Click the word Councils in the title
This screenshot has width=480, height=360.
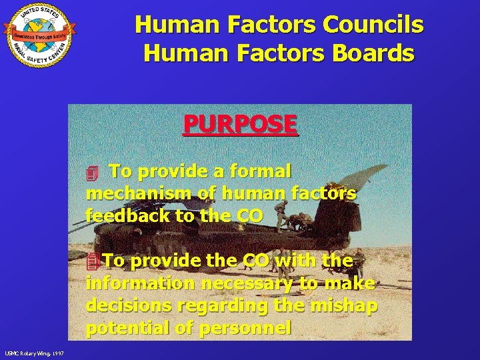pyautogui.click(x=372, y=25)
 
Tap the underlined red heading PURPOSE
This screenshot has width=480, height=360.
pyautogui.click(x=240, y=124)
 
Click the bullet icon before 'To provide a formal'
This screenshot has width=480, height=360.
pyautogui.click(x=92, y=173)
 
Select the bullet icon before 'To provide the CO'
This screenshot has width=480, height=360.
pyautogui.click(x=92, y=261)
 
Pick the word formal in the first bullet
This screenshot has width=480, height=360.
pyautogui.click(x=260, y=171)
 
